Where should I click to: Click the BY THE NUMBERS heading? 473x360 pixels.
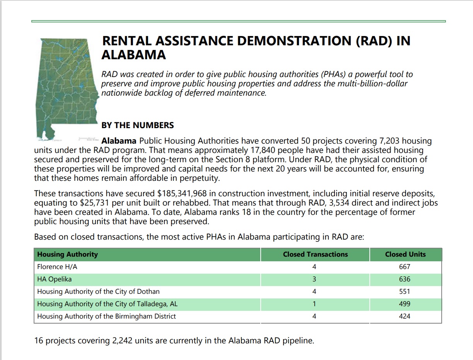point(138,125)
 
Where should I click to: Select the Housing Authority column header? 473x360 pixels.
point(68,254)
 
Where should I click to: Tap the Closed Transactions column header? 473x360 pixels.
point(315,254)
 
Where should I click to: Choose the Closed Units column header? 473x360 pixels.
point(405,254)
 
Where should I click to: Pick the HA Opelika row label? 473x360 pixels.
point(55,279)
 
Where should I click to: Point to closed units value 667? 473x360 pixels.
point(405,267)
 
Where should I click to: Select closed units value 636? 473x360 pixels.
point(405,279)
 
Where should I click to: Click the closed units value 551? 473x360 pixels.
point(405,291)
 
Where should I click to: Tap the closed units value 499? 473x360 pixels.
point(405,304)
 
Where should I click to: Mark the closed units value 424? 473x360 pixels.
point(405,316)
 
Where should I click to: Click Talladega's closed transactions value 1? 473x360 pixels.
point(314,304)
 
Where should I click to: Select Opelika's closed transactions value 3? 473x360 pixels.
point(314,279)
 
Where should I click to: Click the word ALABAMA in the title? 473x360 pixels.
point(134,55)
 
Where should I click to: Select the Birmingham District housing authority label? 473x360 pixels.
point(106,316)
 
